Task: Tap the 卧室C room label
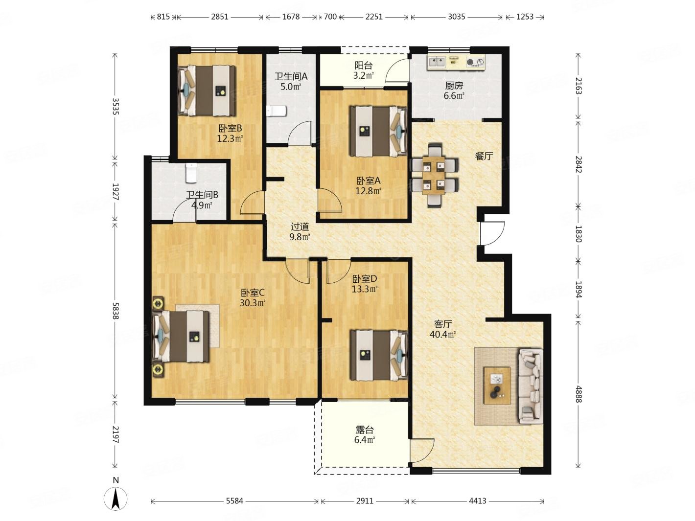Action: coord(253,293)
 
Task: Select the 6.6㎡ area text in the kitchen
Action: coord(454,95)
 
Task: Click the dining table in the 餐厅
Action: coord(434,175)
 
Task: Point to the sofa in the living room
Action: coord(530,385)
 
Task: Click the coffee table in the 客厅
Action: coord(496,385)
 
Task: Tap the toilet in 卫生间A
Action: coord(277,111)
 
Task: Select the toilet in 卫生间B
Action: coord(191,173)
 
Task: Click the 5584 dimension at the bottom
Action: coord(234,501)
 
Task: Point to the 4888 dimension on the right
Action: coord(579,394)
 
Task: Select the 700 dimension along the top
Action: coord(330,17)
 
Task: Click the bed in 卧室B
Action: coord(207,91)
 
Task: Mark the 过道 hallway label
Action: coord(300,227)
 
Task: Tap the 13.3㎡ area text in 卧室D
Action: coord(364,289)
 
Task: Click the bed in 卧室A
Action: coord(378,131)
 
